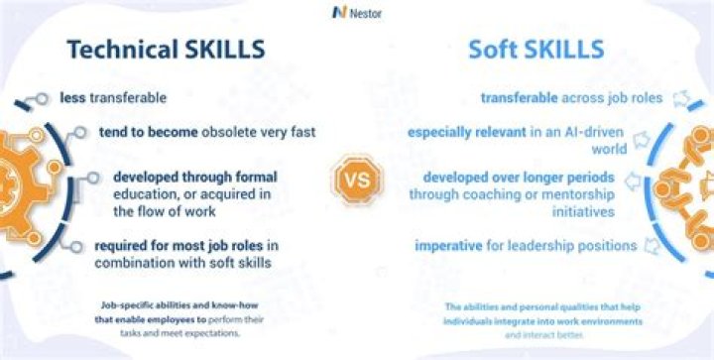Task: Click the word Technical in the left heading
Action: tap(119, 50)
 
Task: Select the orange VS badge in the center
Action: tap(356, 180)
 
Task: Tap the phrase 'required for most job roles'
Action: tap(174, 246)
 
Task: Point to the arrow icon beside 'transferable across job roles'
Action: tap(652, 98)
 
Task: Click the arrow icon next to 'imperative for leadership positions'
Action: tap(652, 245)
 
